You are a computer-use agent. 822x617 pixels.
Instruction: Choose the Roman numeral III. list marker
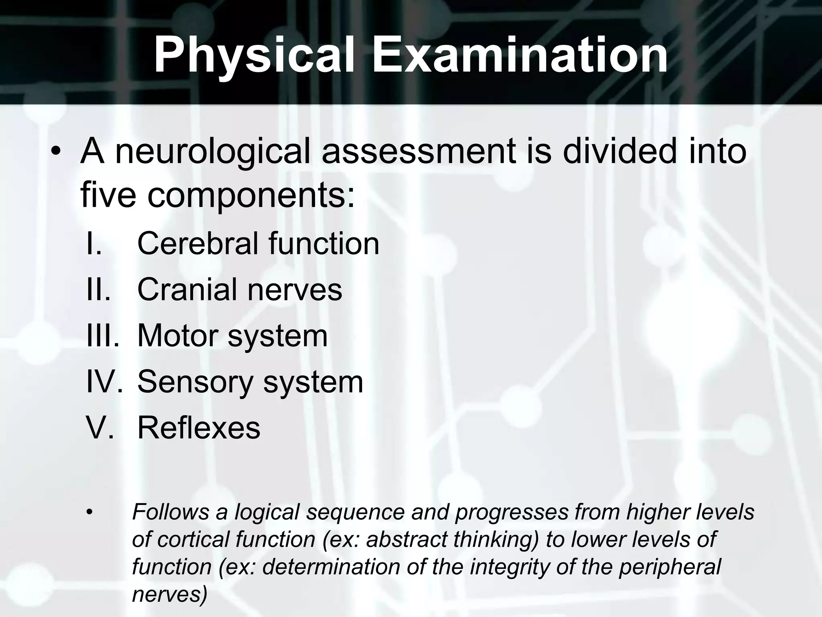point(103,336)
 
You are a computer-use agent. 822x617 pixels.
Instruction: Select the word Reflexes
point(199,428)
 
